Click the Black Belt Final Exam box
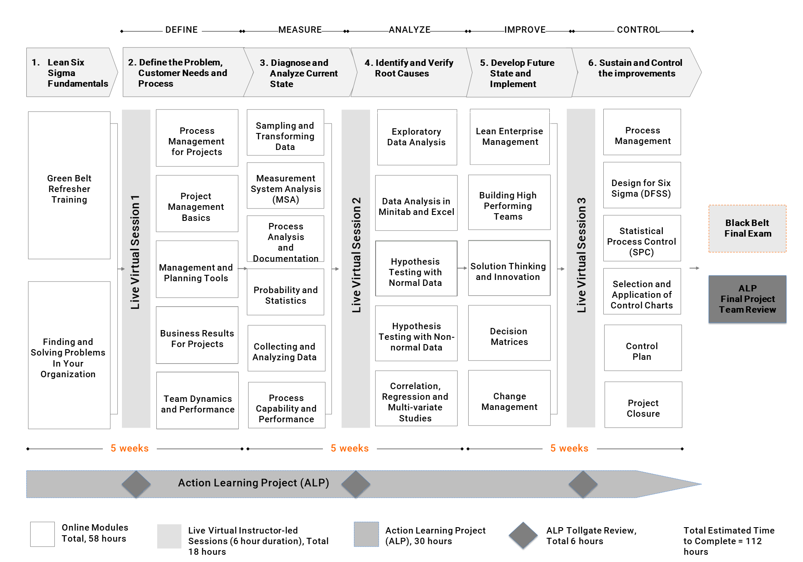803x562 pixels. (747, 229)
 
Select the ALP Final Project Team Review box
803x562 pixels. (747, 299)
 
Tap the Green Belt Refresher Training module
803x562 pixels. (69, 185)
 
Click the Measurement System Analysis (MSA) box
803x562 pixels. (286, 186)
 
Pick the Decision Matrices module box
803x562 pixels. (509, 333)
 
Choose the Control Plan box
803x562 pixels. (643, 348)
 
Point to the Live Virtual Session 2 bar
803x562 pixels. (356, 268)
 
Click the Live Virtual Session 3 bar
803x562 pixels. (581, 268)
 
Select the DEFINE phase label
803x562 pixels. (181, 30)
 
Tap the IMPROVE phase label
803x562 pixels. (525, 30)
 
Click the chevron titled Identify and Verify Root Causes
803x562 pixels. (411, 72)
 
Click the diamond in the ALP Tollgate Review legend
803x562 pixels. (523, 536)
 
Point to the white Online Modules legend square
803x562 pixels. (42, 534)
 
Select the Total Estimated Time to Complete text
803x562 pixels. (729, 541)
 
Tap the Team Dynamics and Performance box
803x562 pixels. (198, 401)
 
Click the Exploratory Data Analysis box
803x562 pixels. (417, 137)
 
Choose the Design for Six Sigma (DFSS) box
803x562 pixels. (642, 185)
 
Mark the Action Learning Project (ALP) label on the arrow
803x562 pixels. (254, 483)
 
